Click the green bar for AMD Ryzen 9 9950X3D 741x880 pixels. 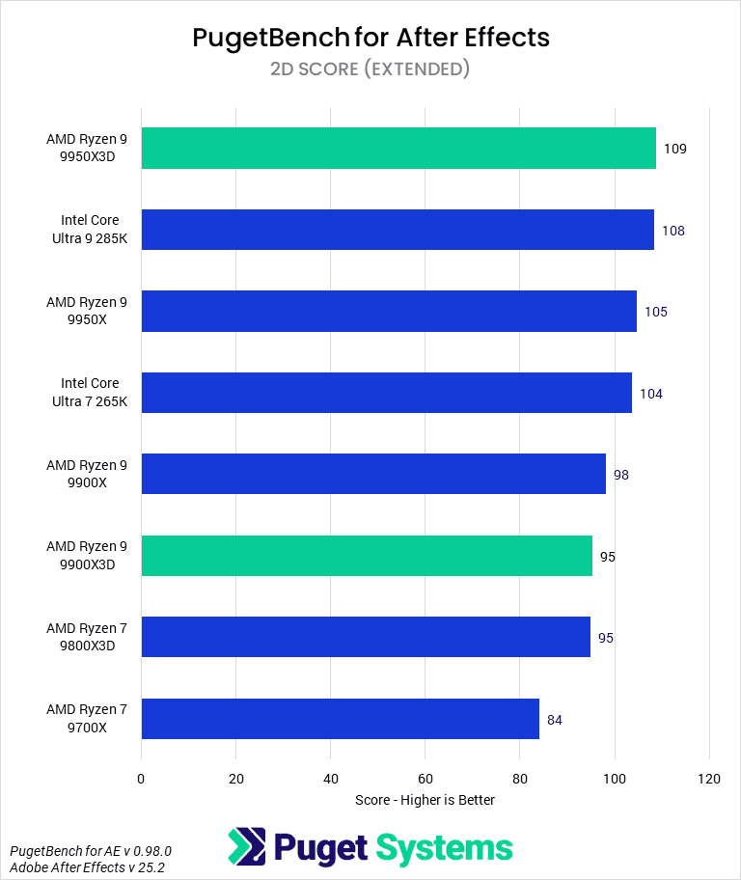point(398,149)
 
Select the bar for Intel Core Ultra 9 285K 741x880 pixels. point(398,230)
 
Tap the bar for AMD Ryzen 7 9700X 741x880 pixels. point(340,719)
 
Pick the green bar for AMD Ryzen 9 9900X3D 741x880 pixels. point(367,556)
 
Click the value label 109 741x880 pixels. point(674,150)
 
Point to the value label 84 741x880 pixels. point(555,720)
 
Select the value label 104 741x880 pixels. point(651,394)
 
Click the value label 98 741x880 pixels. point(621,475)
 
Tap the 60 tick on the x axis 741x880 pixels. point(425,779)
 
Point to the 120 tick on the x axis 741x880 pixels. point(709,779)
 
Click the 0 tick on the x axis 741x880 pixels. point(142,779)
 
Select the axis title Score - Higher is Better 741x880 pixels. point(425,800)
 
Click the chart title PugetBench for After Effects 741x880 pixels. point(370,38)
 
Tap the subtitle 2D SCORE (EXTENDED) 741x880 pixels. point(370,69)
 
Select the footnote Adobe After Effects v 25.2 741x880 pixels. point(78,866)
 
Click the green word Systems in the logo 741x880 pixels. point(444,848)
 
